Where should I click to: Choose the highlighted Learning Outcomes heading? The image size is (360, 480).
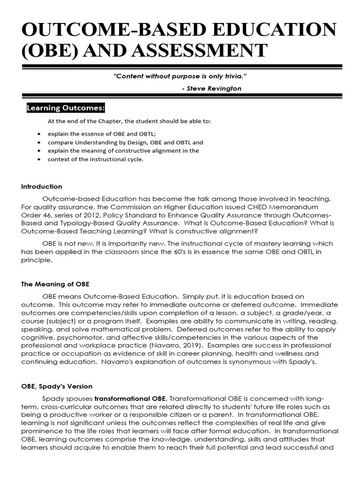click(66, 108)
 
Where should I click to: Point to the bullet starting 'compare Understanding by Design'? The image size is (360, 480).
click(125, 142)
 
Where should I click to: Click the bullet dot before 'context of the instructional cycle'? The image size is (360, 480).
click(38, 159)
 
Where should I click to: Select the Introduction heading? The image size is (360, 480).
click(41, 186)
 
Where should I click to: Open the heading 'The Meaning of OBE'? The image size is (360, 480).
click(55, 284)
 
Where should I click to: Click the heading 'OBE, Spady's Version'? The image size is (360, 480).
click(57, 386)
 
